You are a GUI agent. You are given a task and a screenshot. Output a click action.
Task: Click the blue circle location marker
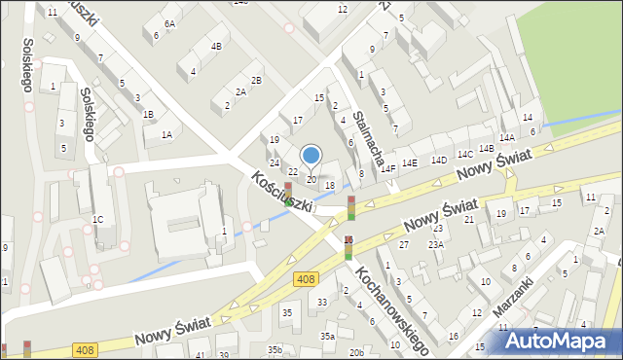point(311,154)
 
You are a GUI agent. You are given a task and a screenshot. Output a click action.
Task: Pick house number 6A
point(169,23)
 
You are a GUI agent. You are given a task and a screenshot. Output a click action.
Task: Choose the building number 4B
point(216,46)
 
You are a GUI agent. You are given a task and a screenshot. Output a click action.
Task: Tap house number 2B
point(255,80)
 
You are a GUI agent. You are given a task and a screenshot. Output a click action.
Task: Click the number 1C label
point(97,220)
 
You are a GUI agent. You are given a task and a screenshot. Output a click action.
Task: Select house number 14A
point(507,138)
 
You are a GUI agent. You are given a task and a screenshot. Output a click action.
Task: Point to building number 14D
point(439,160)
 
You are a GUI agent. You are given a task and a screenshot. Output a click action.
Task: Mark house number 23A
point(436,245)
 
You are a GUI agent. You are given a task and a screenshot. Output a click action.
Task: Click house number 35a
point(329,336)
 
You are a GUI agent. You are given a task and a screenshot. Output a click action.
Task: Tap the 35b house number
point(276,349)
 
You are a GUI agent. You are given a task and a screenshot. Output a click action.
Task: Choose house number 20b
point(357,352)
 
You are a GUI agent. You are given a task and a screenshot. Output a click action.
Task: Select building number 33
point(322,303)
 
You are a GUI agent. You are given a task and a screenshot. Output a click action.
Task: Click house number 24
point(275,162)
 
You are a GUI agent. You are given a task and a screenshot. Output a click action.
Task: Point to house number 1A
point(166,135)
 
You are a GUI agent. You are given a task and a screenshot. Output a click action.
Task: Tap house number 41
point(200,355)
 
